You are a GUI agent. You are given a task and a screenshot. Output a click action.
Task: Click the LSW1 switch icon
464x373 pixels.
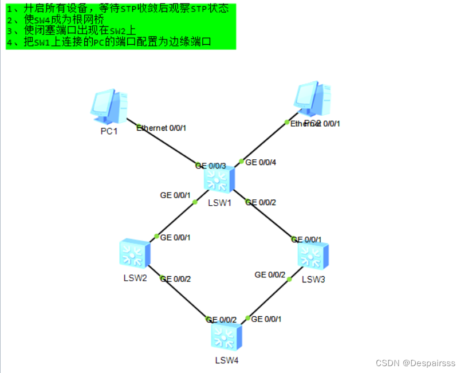coord(218,180)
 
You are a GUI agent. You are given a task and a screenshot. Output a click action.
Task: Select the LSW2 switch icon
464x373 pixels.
coord(135,254)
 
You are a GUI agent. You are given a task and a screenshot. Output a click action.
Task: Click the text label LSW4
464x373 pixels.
coord(226,360)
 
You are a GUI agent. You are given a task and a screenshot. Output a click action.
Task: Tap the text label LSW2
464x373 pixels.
coord(135,278)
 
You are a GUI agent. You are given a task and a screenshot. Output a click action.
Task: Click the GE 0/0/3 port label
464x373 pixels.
coord(211,166)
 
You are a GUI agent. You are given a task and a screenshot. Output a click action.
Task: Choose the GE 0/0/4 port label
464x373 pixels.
coord(261,163)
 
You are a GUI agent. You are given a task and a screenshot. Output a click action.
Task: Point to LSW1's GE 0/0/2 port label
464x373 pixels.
coord(261,202)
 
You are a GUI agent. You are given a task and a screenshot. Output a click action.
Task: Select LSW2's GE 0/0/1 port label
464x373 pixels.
coord(175,237)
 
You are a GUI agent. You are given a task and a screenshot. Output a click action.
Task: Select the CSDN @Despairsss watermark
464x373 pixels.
coord(415,363)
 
